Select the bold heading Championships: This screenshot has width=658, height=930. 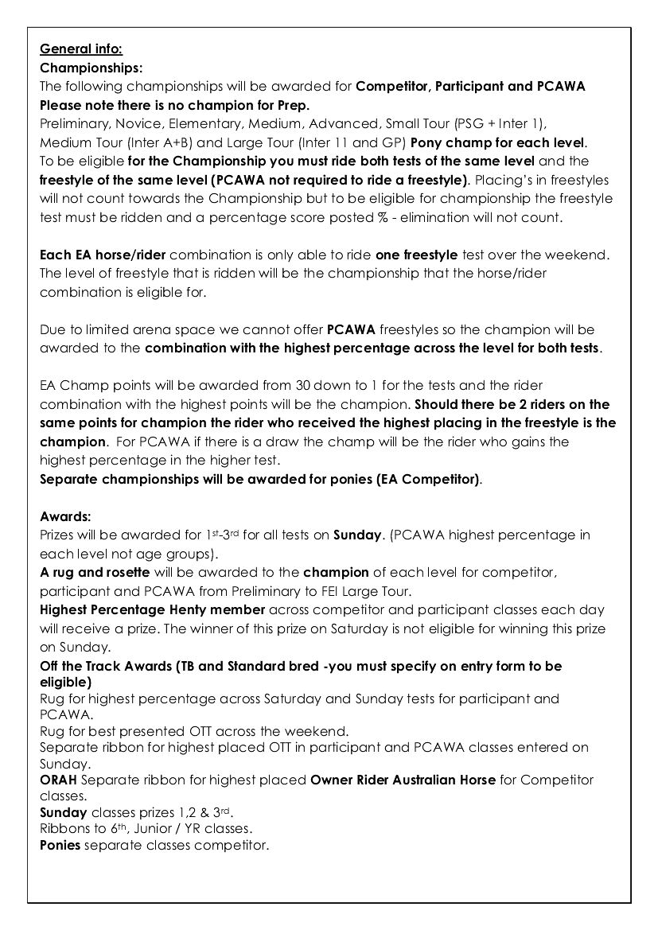pyautogui.click(x=91, y=68)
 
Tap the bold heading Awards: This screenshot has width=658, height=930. pyautogui.click(x=66, y=516)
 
